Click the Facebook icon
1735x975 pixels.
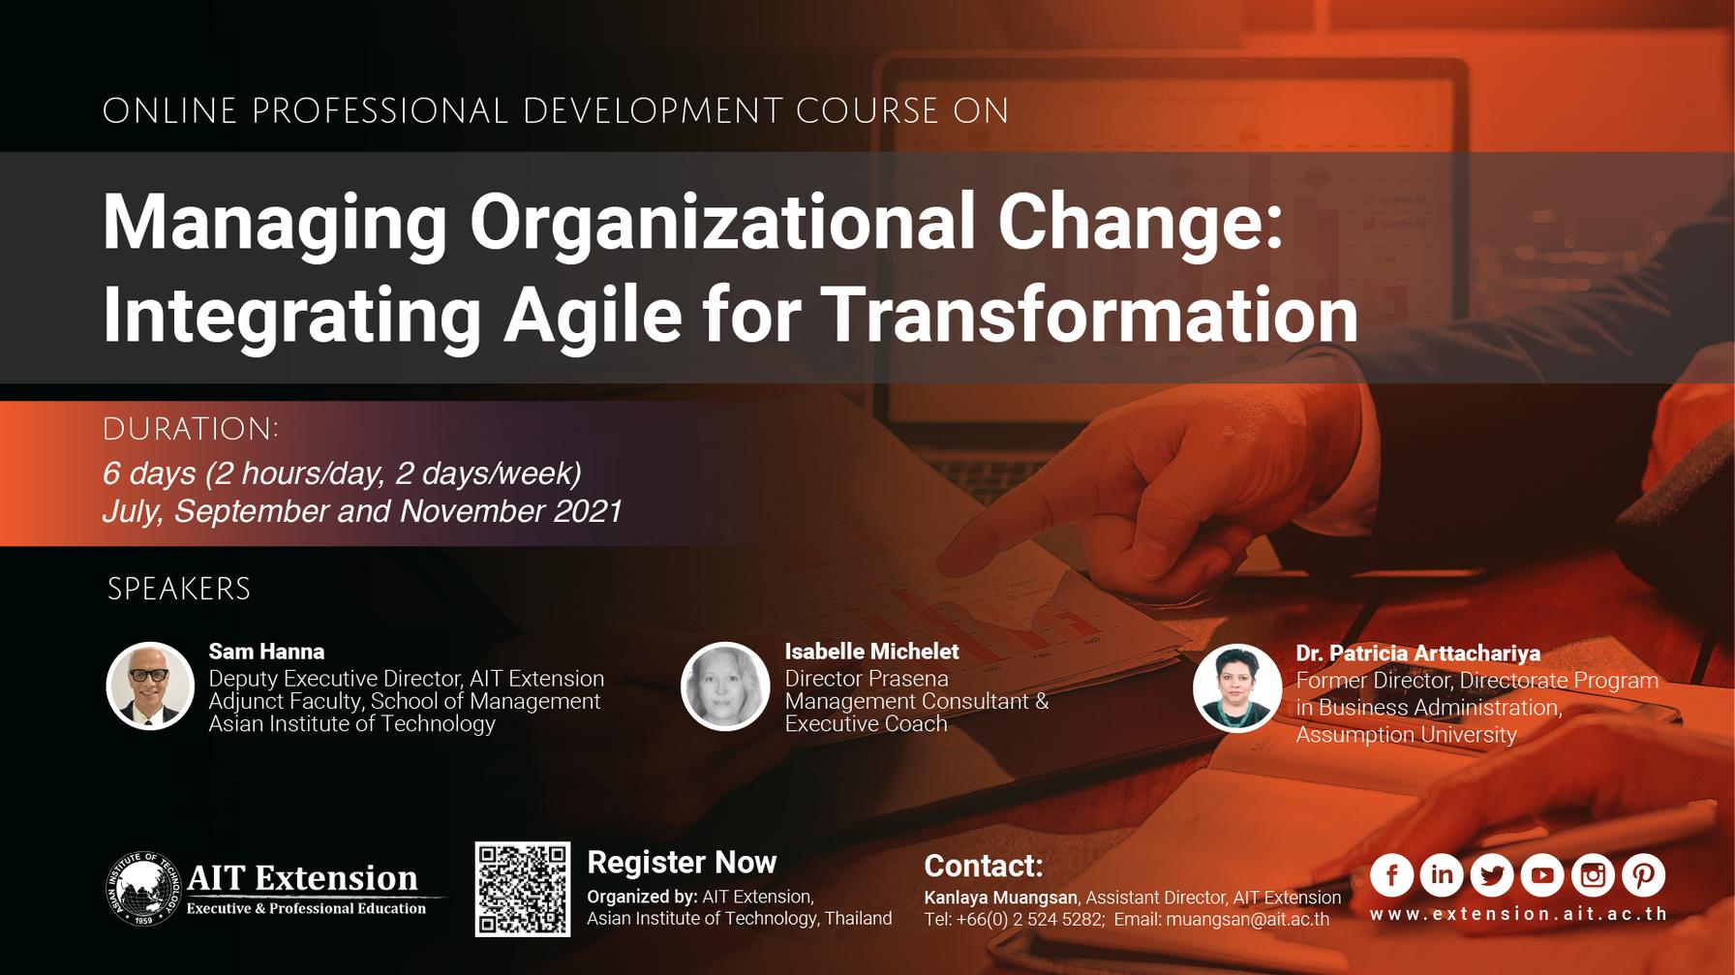(x=1391, y=875)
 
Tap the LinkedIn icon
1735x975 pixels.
(x=1442, y=875)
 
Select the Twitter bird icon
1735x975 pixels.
(x=1492, y=875)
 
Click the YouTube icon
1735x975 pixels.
(x=1542, y=875)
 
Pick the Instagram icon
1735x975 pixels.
(x=1593, y=875)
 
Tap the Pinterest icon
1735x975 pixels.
(x=1643, y=875)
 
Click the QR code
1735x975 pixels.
(x=522, y=889)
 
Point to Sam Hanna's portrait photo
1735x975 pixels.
(x=150, y=686)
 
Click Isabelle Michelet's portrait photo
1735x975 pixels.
(x=725, y=686)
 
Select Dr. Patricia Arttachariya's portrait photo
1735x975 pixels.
(x=1237, y=687)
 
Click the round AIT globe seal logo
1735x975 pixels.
(x=143, y=889)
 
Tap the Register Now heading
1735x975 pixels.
(x=682, y=862)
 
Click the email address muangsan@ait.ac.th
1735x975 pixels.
(x=1247, y=919)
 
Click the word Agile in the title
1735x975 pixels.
(x=593, y=316)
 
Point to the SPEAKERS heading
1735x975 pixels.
(x=179, y=589)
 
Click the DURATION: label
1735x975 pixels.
(x=191, y=429)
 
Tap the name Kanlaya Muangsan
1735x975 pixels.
(x=1000, y=898)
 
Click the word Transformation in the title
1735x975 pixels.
(x=1089, y=316)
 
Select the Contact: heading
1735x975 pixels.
(x=984, y=866)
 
